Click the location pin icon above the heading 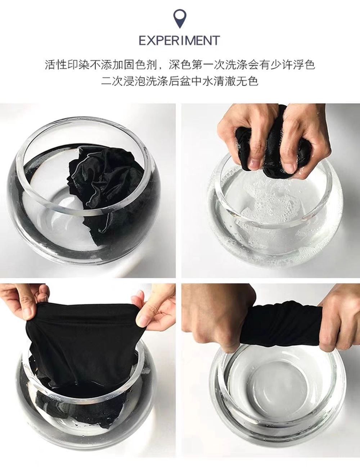coord(180,18)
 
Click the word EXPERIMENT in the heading coord(179,40)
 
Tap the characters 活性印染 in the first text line coord(67,65)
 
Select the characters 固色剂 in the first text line coord(140,65)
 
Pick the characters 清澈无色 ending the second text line coord(236,81)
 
